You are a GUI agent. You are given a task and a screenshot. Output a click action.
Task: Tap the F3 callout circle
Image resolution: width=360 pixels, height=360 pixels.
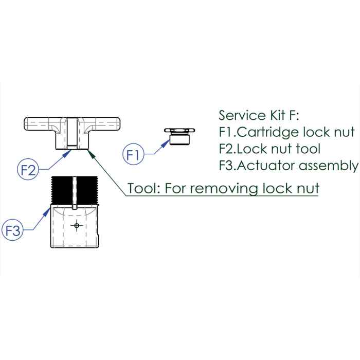point(14,230)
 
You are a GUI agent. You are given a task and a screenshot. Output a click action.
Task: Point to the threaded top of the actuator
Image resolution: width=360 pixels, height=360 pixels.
point(76,191)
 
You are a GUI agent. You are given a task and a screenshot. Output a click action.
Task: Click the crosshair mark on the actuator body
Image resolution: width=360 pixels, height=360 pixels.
point(77,225)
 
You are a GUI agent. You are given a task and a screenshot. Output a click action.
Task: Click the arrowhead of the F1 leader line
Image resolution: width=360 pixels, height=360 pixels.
point(166,143)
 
